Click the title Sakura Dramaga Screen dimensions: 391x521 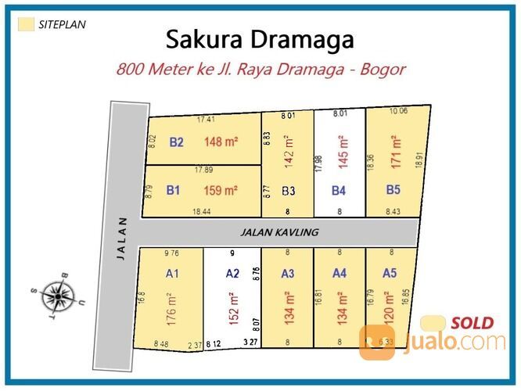coord(260,39)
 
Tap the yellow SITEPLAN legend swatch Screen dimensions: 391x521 coord(26,24)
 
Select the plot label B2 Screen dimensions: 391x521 coord(175,142)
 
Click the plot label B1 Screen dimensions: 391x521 coord(174,190)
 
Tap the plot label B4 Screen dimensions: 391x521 coord(339,189)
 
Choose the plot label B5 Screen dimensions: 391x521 coord(393,188)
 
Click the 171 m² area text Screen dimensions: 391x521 coord(397,152)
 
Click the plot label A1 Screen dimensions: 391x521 coord(173,274)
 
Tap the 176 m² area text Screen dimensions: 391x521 coord(171,310)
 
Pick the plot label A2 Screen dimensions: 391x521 coord(232,274)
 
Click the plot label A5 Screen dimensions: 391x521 coord(390,273)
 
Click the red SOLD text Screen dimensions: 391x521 coord(472,322)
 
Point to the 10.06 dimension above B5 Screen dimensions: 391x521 coord(398,111)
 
